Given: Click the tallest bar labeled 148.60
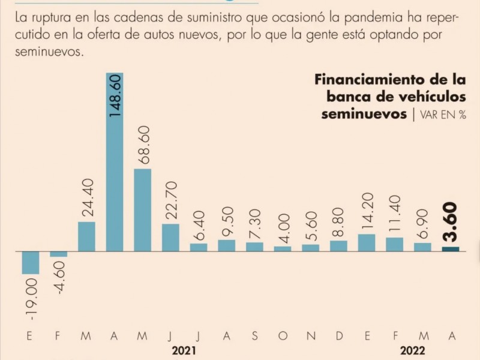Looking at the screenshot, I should (x=115, y=162).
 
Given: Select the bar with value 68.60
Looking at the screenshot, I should (x=142, y=210).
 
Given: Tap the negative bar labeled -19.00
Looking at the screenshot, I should (x=31, y=263).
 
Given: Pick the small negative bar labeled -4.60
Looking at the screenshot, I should (x=59, y=254).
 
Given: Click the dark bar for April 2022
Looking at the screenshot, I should (x=451, y=249).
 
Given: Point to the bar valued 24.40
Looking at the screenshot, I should (x=86, y=236).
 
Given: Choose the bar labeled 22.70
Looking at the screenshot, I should (x=170, y=238).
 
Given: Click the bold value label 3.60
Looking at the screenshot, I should (x=451, y=222).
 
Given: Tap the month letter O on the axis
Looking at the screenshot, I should (x=283, y=336).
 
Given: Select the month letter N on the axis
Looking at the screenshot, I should (x=311, y=336).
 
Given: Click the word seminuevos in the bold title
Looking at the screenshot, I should (x=364, y=114).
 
